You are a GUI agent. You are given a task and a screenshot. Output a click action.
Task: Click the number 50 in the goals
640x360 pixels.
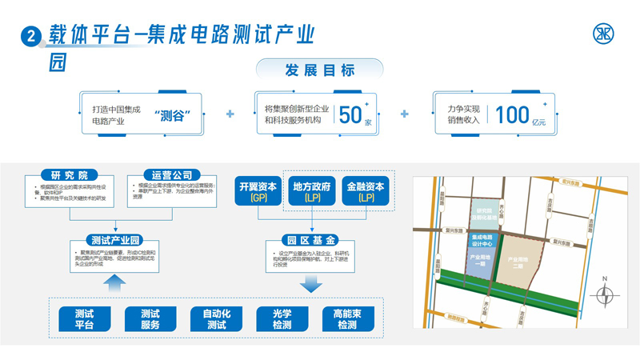(350, 114)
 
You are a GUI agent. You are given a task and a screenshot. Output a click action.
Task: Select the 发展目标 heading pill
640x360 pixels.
(319, 70)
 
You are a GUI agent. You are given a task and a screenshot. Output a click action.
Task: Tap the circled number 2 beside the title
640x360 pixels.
(30, 36)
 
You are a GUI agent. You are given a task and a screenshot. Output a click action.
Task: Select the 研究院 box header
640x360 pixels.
(69, 175)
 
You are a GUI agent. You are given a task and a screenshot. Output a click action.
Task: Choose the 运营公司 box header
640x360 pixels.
(171, 175)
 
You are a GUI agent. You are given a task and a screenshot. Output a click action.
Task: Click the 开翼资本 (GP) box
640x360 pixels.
(258, 191)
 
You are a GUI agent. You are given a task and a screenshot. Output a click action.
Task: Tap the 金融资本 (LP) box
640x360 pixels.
(366, 191)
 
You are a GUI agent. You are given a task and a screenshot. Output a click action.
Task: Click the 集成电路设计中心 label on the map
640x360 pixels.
(482, 241)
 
